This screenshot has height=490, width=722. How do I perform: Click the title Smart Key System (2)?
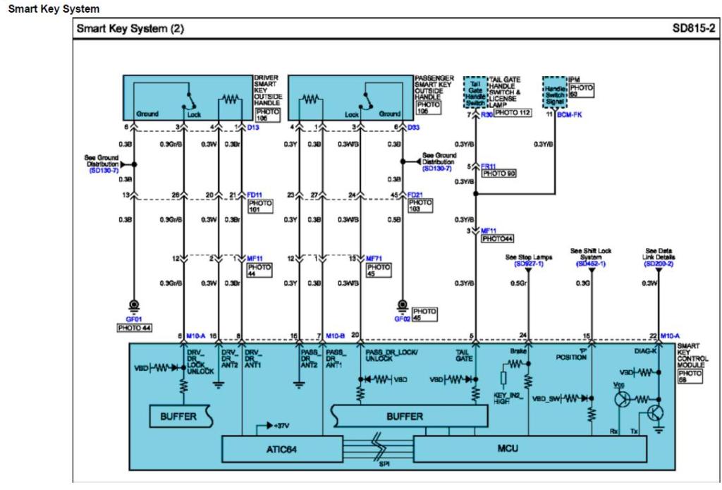pos(130,30)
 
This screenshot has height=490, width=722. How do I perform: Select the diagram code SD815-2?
pos(692,30)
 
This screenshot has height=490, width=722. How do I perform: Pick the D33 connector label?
pos(414,127)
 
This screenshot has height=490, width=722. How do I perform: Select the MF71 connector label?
pos(374,259)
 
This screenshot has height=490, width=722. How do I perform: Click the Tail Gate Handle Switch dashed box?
pos(475,93)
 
